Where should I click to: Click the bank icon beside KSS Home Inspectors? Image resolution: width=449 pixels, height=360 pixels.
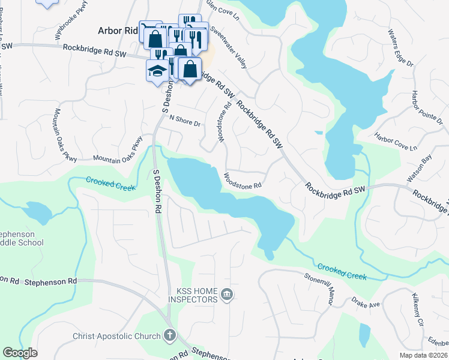click(227, 294)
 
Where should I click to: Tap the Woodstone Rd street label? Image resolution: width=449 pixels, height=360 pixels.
click(243, 181)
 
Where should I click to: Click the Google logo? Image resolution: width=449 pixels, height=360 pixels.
click(20, 352)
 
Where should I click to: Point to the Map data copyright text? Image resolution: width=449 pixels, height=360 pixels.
click(423, 355)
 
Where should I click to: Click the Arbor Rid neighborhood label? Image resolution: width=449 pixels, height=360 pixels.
click(118, 30)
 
